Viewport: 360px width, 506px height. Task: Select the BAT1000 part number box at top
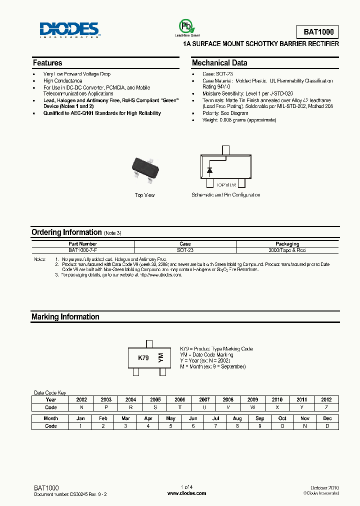[x=318, y=32]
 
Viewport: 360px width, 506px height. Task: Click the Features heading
[x=47, y=63]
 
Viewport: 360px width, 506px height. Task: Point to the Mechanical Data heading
[x=219, y=63]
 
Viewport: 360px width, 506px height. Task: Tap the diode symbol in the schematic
[x=210, y=170]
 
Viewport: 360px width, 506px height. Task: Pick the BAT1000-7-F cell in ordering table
[x=83, y=250]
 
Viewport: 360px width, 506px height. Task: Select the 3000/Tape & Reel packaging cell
[x=287, y=250]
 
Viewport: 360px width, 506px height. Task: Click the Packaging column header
[x=287, y=244]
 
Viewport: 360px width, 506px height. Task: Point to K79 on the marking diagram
[x=143, y=358]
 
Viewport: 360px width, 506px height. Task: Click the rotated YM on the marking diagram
[x=160, y=357]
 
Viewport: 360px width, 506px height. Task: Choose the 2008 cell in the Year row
[x=228, y=400]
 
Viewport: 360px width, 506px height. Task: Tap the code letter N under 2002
[x=81, y=407]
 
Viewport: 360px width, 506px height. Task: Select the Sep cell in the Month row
[x=260, y=418]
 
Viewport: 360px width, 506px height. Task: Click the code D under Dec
[x=327, y=426]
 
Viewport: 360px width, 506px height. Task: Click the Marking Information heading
[x=65, y=317]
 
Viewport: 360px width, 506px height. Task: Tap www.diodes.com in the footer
[x=186, y=493]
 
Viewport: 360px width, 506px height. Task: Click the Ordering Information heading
[x=66, y=232]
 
